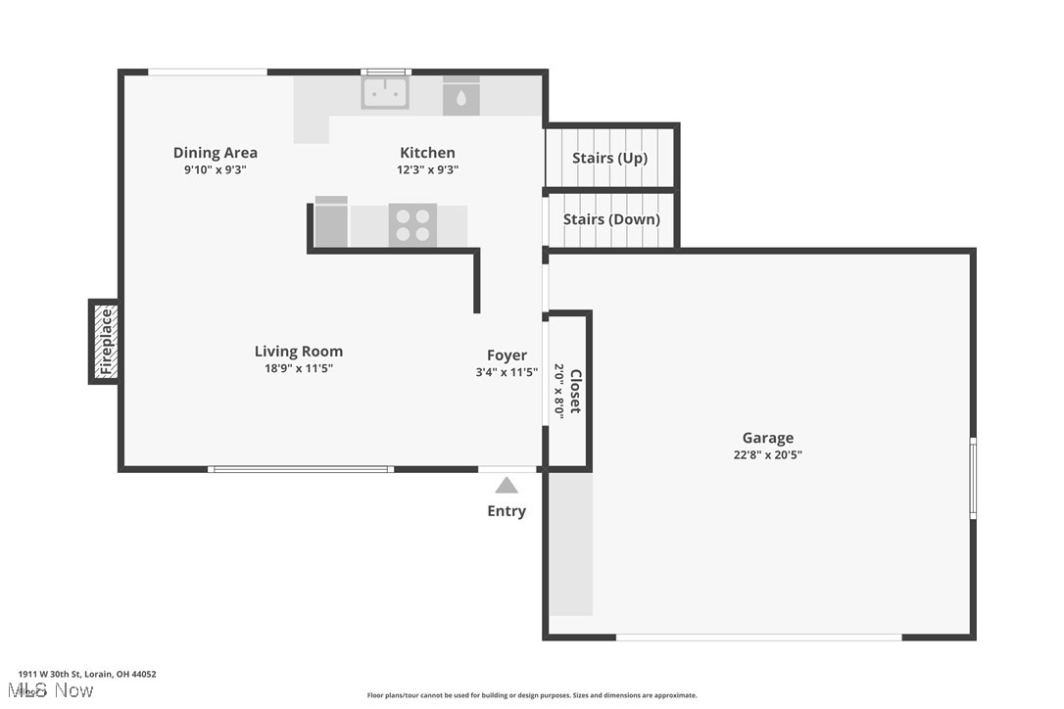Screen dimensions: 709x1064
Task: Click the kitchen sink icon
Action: point(385,93)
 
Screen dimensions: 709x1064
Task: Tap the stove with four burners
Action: point(412,224)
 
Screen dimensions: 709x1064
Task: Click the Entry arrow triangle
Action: point(507,485)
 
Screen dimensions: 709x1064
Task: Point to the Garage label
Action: point(767,438)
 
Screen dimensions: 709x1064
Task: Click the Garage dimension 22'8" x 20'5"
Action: point(767,454)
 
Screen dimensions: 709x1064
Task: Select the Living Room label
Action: point(299,352)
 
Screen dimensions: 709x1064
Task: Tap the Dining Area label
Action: point(216,153)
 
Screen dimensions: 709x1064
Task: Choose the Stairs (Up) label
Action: point(609,158)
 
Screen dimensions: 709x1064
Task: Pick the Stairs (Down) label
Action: point(611,219)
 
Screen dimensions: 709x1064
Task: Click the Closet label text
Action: point(576,391)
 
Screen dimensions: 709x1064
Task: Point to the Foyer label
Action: point(507,355)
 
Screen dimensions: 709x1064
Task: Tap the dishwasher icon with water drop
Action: point(461,97)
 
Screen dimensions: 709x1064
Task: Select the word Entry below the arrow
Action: point(507,511)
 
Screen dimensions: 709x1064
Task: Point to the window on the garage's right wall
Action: point(973,478)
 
